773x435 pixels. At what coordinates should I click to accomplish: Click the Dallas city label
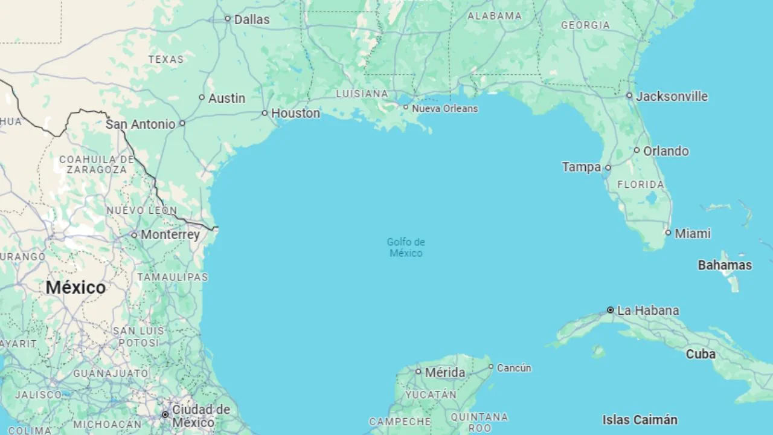point(251,19)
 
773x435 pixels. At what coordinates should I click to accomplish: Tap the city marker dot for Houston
point(265,113)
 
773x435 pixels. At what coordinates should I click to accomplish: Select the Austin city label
point(226,98)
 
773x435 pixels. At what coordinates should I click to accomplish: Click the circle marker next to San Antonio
point(182,123)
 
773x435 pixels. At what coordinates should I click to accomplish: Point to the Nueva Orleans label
point(444,109)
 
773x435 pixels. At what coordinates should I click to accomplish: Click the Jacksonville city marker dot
point(629,95)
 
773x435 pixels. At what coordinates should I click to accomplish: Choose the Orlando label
point(666,151)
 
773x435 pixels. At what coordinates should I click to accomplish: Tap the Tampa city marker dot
point(608,167)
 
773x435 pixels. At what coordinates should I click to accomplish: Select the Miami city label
point(693,233)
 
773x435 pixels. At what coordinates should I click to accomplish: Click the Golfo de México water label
point(406,247)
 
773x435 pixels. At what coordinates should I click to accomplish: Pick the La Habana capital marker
point(610,310)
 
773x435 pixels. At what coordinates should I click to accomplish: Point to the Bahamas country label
point(725,265)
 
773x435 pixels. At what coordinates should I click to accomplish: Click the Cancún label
point(514,367)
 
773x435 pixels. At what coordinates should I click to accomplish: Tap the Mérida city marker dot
point(418,372)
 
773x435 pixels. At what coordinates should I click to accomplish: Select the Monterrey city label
point(170,234)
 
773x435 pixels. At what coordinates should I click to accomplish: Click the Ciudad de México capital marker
point(165,414)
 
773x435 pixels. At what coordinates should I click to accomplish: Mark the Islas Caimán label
point(640,419)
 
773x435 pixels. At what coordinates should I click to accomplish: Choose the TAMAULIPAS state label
point(172,277)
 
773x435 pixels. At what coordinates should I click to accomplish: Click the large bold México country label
point(75,288)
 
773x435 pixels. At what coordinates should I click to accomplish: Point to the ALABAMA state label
point(494,16)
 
